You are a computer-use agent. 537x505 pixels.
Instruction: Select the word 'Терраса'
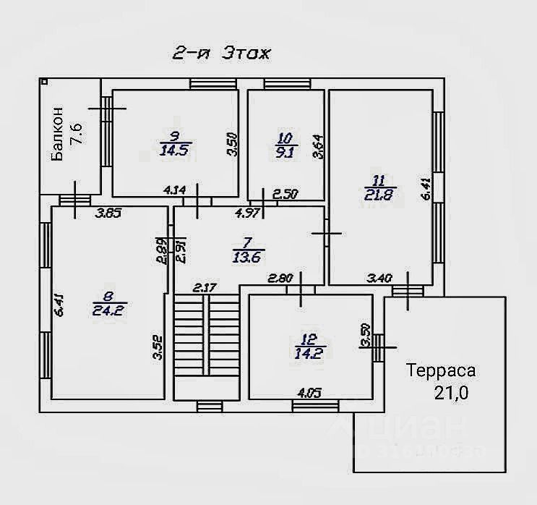(x=440, y=372)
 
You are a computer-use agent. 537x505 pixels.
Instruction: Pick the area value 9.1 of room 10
(x=285, y=152)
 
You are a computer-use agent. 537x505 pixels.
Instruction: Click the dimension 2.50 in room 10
(x=285, y=192)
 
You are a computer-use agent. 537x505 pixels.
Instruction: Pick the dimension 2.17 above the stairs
(x=205, y=288)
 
